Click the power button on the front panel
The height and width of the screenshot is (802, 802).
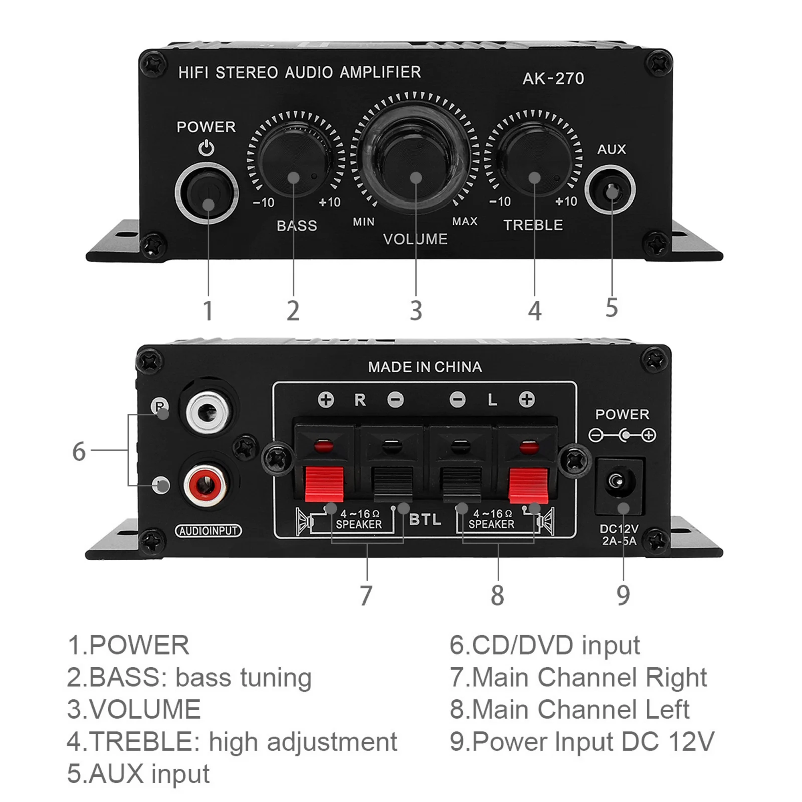coord(207,192)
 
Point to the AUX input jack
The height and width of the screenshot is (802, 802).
coord(611,191)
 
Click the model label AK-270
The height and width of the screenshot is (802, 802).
coord(553,79)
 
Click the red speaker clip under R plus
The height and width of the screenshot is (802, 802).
coord(325,484)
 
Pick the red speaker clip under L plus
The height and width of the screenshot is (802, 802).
coord(528,484)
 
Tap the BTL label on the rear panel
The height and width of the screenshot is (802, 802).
coord(425,520)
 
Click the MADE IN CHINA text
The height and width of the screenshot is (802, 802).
coord(425,367)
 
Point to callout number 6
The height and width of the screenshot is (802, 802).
coord(79,452)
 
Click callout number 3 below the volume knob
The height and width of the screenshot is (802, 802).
coord(416,311)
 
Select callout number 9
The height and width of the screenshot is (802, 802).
coord(623,595)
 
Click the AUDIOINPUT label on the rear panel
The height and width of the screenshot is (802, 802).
coord(208,531)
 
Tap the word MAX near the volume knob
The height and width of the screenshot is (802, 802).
coord(465,221)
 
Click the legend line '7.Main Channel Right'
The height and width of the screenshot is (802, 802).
coord(578,677)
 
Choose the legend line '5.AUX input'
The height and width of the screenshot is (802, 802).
coord(138,774)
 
